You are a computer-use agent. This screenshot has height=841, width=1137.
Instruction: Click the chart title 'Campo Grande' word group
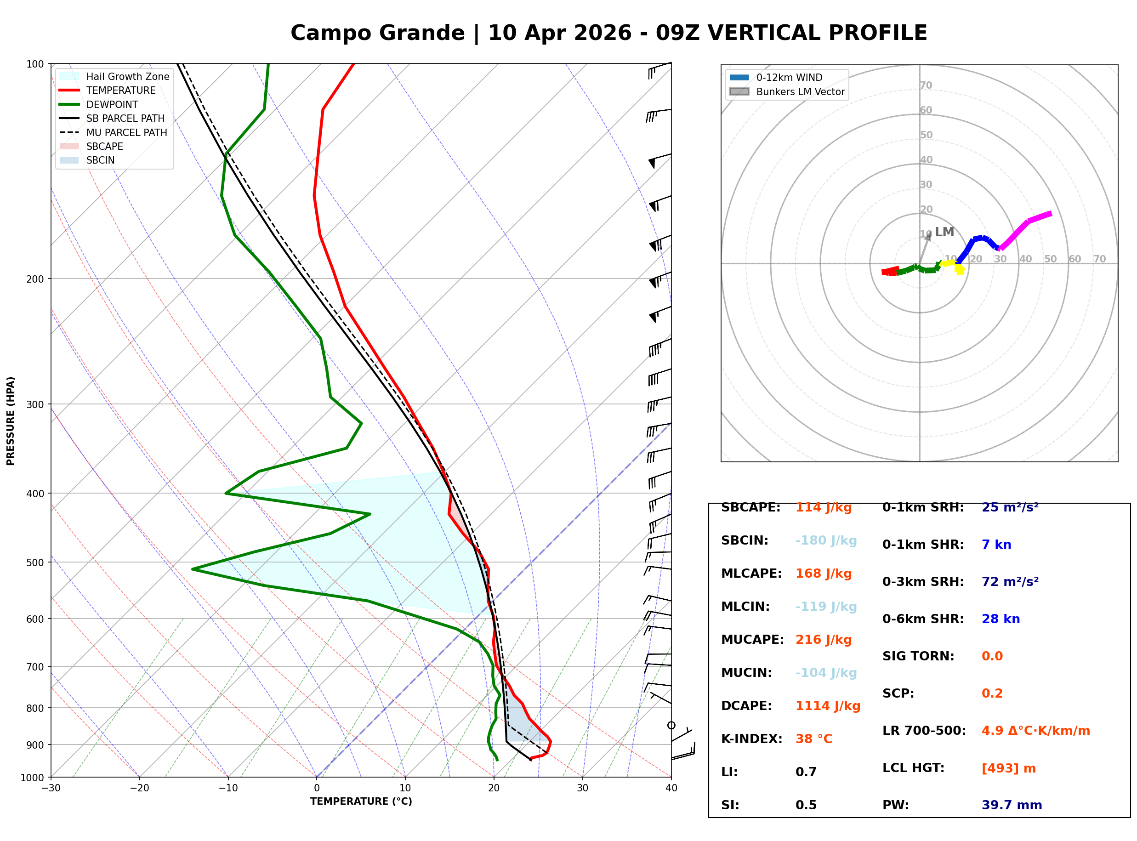tap(377, 33)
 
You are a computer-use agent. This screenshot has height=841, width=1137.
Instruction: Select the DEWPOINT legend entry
tap(112, 104)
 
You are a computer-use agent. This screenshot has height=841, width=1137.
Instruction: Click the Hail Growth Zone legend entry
tap(127, 76)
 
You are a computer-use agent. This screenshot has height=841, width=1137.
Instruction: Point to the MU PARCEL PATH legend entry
tap(126, 132)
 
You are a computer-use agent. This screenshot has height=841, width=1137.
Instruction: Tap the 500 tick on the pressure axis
tap(34, 563)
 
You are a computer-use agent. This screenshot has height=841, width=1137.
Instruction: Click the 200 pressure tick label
tap(34, 279)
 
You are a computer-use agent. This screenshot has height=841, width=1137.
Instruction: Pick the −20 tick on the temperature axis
tap(139, 788)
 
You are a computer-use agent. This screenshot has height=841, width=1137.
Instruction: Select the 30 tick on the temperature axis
tap(582, 788)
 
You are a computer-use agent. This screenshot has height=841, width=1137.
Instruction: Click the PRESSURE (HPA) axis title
tap(11, 421)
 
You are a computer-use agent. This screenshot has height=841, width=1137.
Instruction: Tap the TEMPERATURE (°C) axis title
tap(361, 801)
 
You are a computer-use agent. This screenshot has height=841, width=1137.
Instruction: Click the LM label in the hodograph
tap(944, 232)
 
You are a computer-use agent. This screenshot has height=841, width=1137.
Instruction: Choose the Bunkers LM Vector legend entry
tap(800, 91)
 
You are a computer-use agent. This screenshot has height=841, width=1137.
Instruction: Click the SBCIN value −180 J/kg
tap(825, 540)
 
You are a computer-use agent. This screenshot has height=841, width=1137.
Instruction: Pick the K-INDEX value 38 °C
tap(813, 739)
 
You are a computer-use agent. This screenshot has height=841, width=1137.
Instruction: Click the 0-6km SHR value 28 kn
tap(1000, 619)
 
